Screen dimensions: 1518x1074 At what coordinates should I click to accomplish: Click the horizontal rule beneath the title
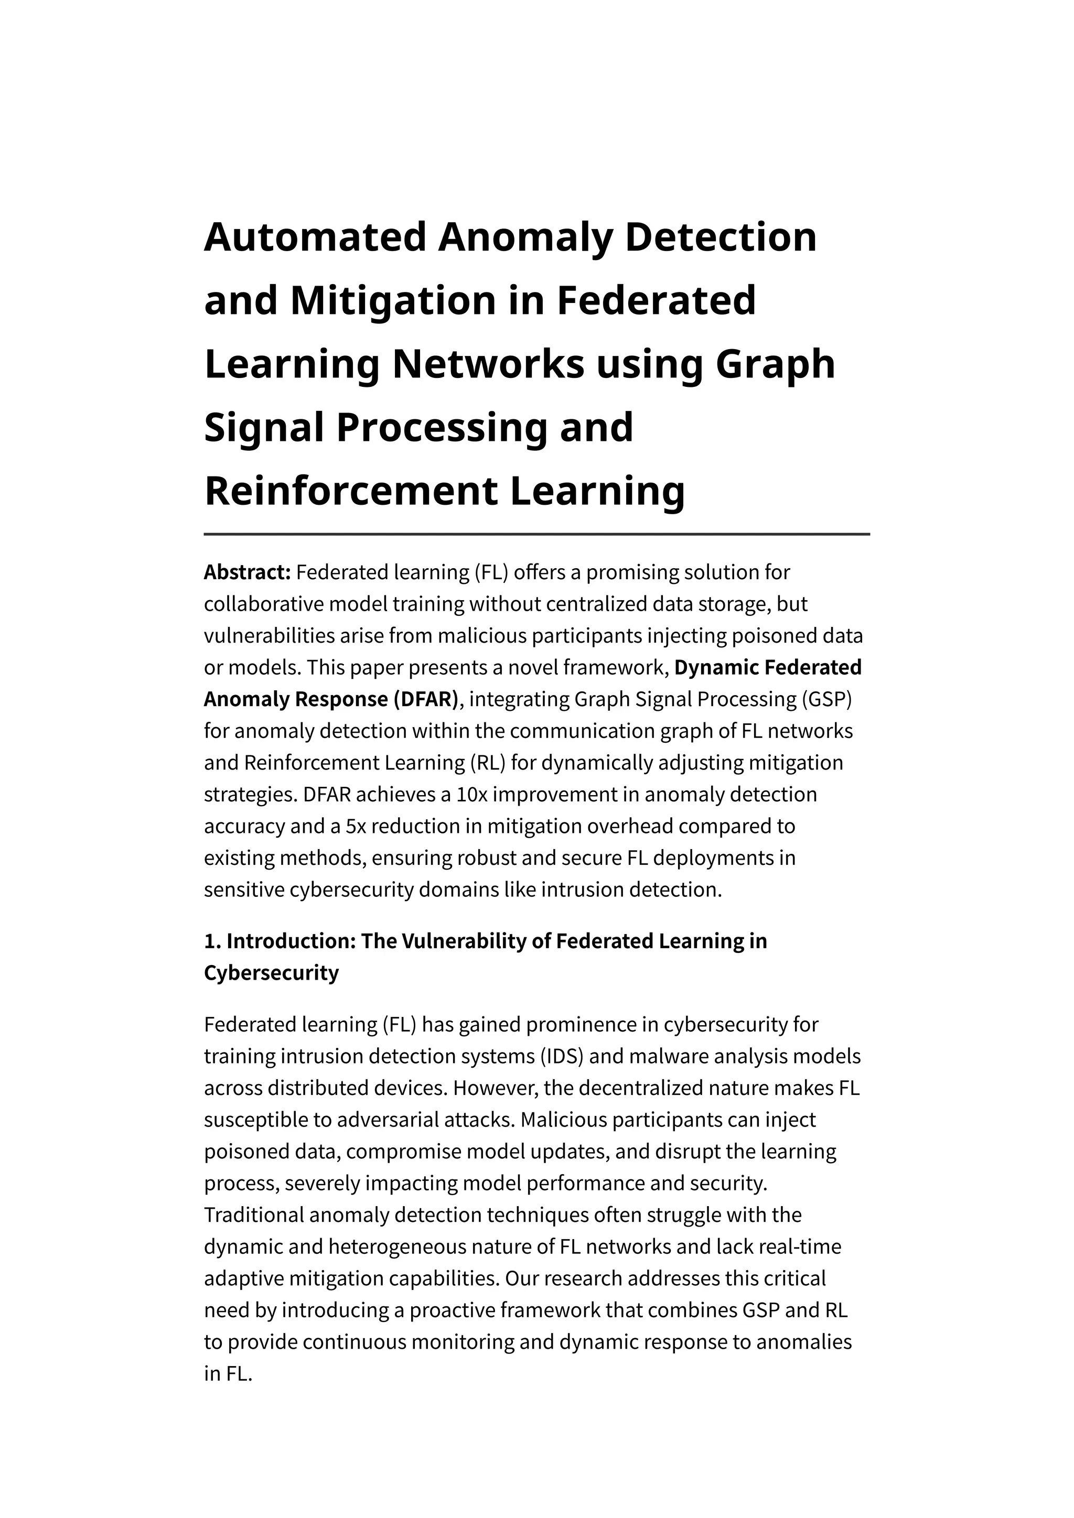click(536, 534)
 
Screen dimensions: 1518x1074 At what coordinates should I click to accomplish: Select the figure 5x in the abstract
click(357, 827)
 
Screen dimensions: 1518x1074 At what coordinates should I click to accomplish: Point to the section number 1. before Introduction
click(212, 941)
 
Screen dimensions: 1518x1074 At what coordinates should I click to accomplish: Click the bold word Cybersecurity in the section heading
click(271, 973)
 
